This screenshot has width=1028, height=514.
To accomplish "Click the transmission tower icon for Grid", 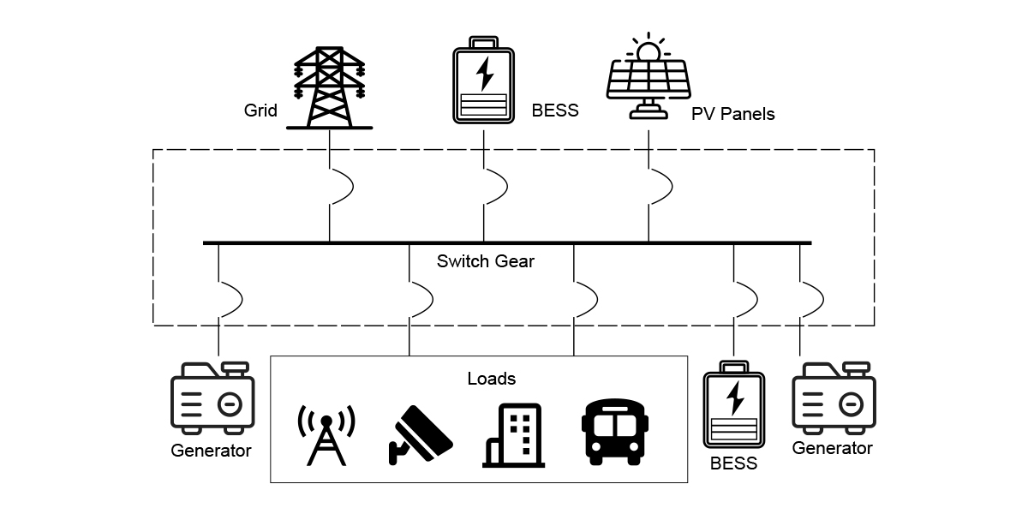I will (x=330, y=86).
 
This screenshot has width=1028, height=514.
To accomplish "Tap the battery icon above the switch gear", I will (x=483, y=81).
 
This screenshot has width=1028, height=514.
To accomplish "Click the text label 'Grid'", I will (x=260, y=111).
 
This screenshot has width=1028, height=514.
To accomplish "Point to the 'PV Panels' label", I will (x=732, y=114).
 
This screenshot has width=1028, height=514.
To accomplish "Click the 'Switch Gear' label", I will (x=485, y=261).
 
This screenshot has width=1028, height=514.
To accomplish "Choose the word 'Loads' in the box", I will (x=492, y=378).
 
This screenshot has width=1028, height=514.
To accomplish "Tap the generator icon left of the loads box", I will (x=212, y=397).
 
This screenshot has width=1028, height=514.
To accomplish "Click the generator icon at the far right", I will (x=833, y=398).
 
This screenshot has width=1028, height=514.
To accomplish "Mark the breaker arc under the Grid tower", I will (x=340, y=188).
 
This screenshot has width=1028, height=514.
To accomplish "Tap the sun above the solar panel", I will (x=648, y=49).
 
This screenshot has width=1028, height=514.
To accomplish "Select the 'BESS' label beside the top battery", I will (x=555, y=111).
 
